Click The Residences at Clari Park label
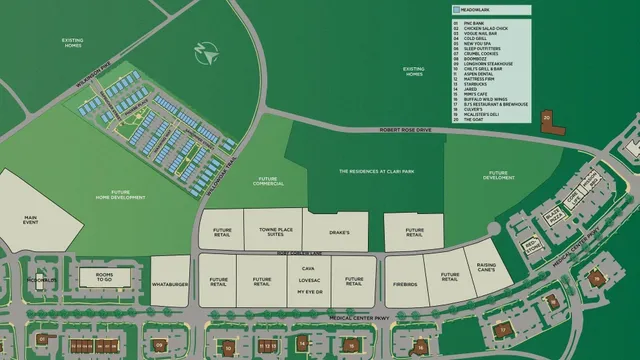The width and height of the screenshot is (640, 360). pos(363,171)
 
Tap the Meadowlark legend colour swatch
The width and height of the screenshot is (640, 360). pos(455,9)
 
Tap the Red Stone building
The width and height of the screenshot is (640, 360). pos(530,246)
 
